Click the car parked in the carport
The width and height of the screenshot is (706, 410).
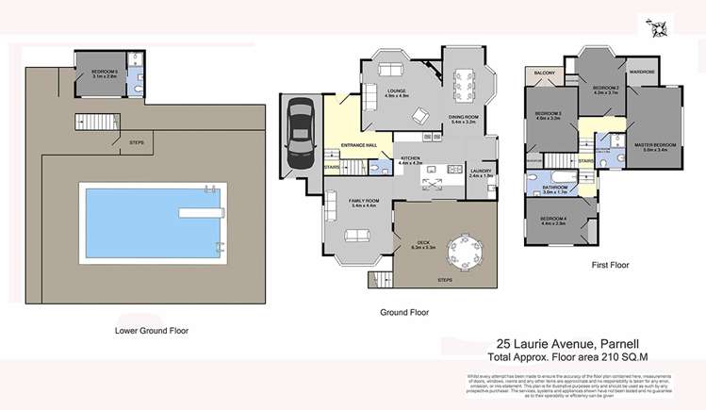300,137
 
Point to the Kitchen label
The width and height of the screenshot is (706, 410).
411,160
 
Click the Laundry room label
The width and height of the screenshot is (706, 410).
481,172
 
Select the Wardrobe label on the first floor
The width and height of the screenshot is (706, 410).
643,72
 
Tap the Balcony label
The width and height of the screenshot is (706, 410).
545,73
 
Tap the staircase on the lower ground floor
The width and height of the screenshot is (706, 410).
92,122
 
